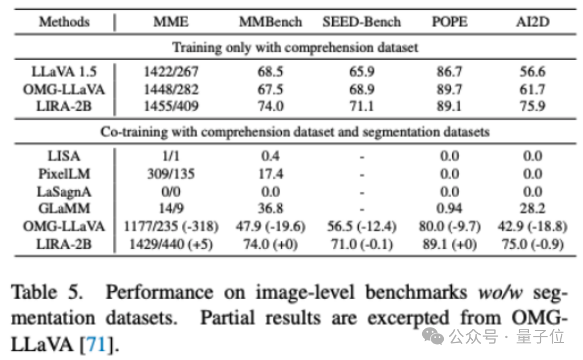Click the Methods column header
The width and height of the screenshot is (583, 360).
[64, 22]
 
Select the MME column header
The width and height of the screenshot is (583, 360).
[171, 22]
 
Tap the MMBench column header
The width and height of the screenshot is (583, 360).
[270, 22]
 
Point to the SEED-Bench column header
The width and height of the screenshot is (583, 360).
[361, 22]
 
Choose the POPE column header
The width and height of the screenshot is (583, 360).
[449, 22]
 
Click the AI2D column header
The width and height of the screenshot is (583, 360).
[532, 22]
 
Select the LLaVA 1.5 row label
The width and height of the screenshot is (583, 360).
[64, 72]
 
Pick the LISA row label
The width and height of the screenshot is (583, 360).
[64, 156]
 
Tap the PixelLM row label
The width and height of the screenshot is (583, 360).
[64, 173]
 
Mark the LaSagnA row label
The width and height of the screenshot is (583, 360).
[64, 191]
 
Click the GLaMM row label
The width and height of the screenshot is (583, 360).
[64, 208]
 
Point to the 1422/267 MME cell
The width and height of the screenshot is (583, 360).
[171, 72]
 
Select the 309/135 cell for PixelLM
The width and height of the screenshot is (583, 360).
[171, 173]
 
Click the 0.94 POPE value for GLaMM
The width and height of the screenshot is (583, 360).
[449, 208]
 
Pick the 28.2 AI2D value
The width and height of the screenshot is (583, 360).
[532, 208]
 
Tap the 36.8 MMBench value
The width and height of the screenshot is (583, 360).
[270, 208]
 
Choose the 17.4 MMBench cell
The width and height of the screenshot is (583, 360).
[270, 173]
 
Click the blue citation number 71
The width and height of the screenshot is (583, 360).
[97, 344]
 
